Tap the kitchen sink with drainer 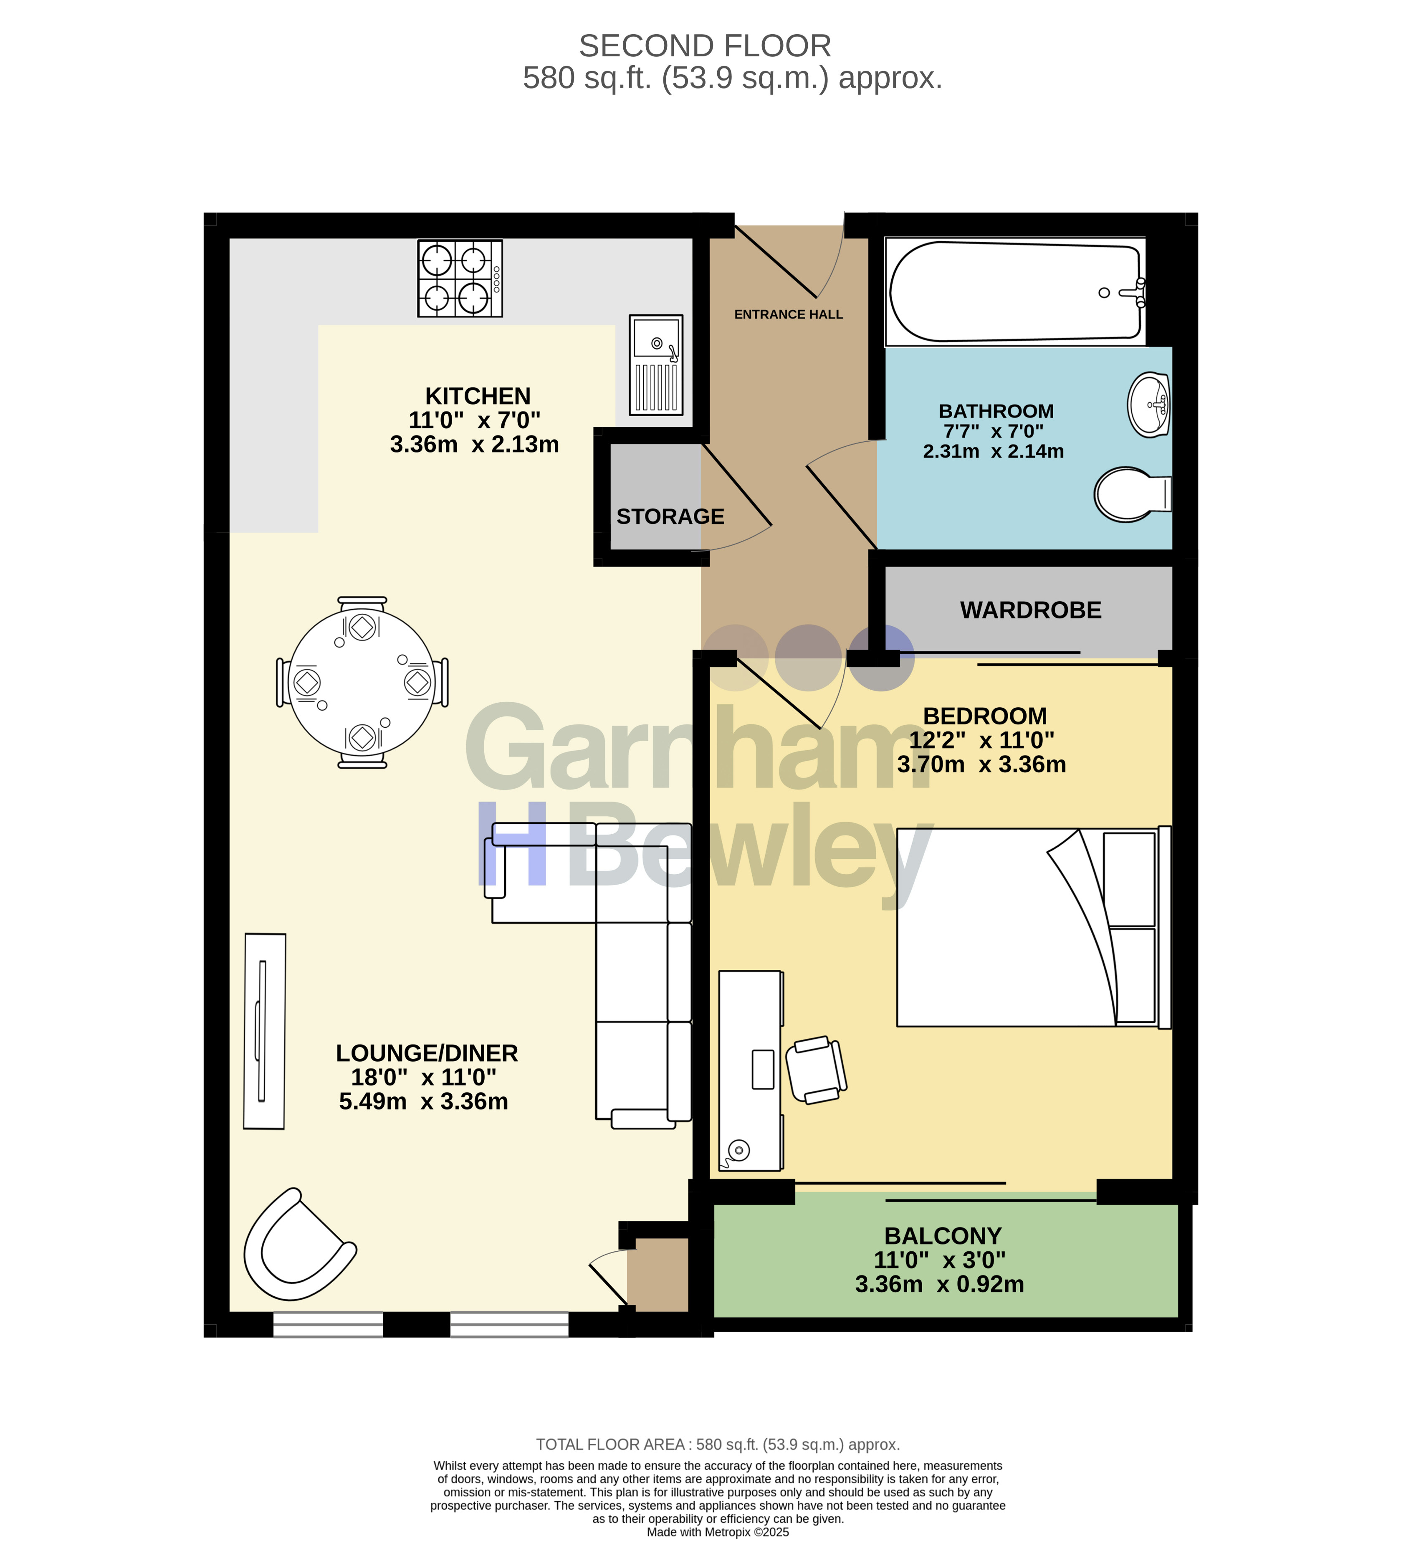[x=656, y=364]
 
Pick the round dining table [x=362, y=682]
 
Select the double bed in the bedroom [x=1033, y=927]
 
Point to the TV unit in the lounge [x=264, y=1031]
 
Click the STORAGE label [x=670, y=517]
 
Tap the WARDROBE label [x=1030, y=610]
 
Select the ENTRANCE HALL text [x=788, y=314]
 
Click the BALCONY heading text [x=942, y=1236]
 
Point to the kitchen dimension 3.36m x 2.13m [x=474, y=444]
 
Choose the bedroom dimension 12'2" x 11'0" [x=981, y=740]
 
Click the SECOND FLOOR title [x=705, y=46]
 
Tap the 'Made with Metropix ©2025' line [x=718, y=1532]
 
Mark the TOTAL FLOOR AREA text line [x=718, y=1445]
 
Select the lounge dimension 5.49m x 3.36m [x=423, y=1101]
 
